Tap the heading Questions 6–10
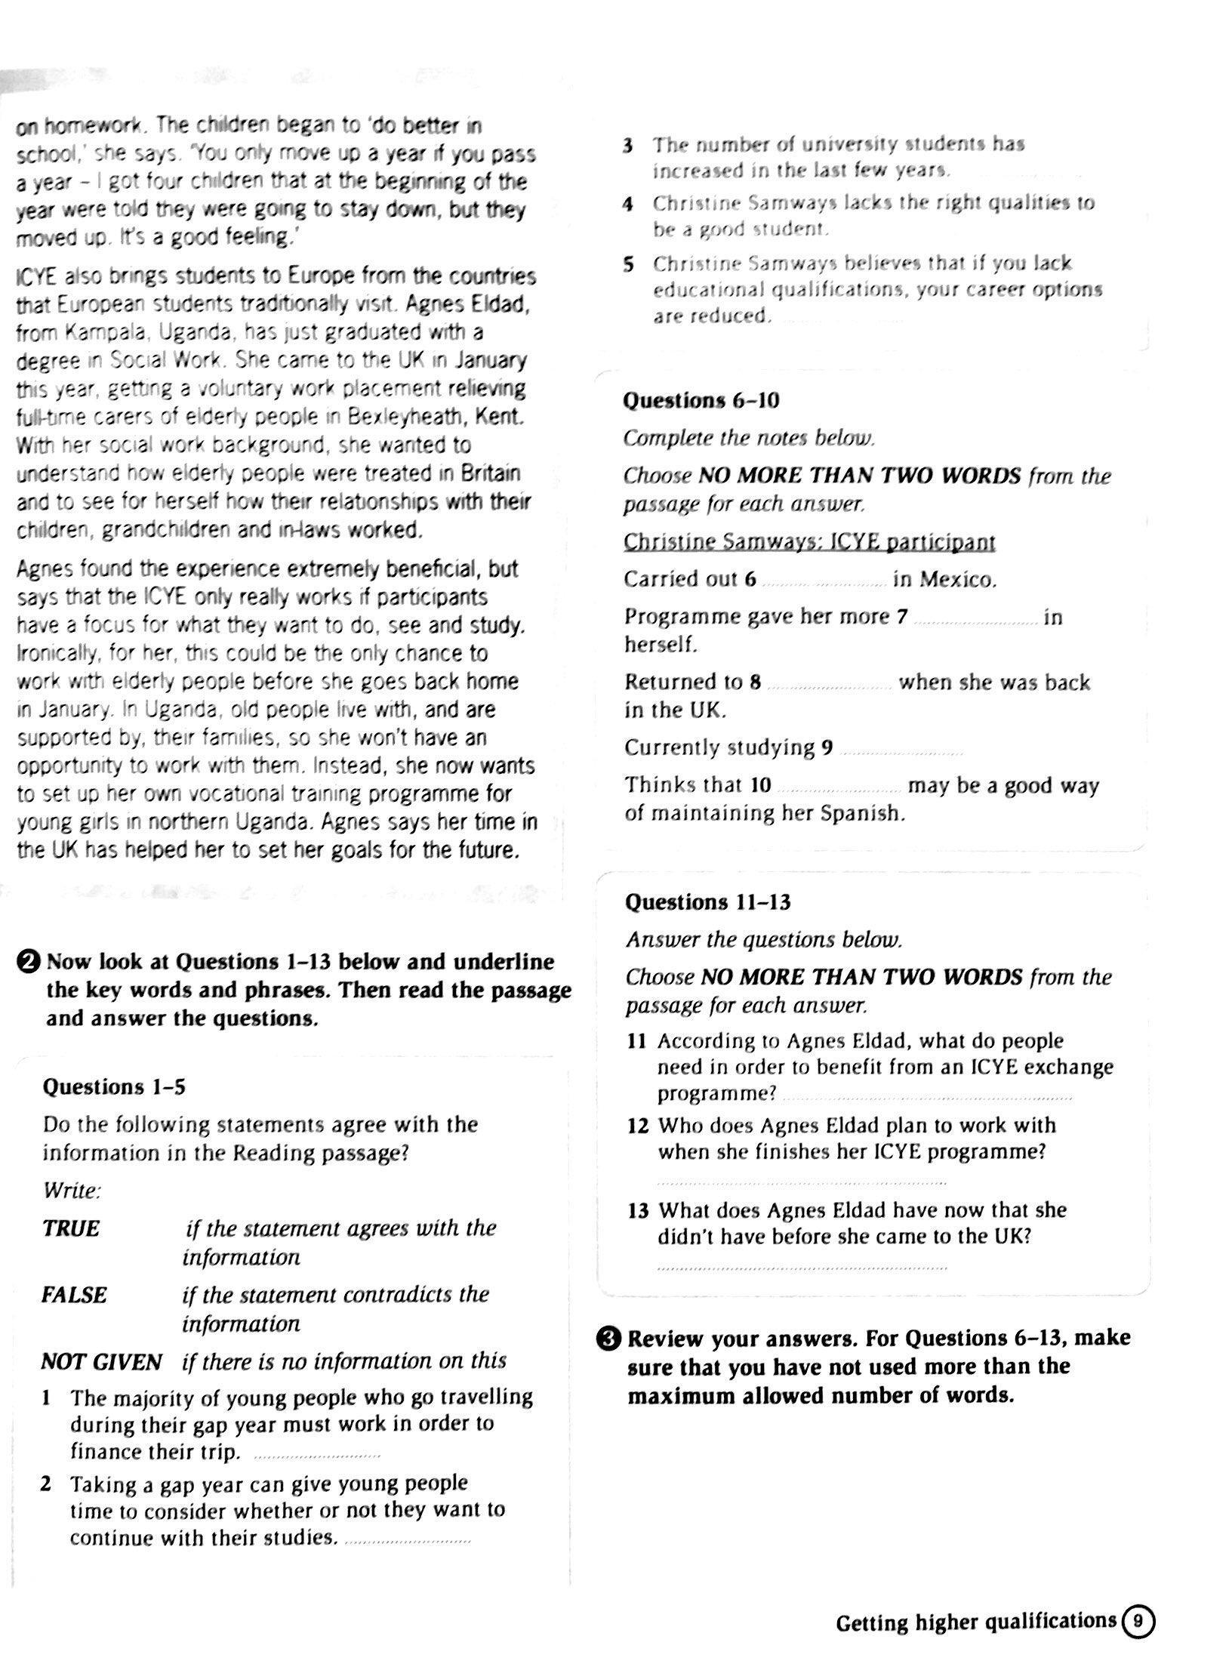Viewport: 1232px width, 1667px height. (701, 401)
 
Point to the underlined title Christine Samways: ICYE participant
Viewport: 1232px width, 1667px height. (809, 542)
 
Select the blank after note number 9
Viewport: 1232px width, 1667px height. (901, 751)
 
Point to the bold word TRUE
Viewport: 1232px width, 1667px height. (71, 1228)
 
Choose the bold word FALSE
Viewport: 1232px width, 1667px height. (74, 1295)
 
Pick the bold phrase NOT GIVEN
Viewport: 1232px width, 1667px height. (101, 1362)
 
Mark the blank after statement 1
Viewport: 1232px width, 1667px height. (317, 1455)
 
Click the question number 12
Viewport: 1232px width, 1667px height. (638, 1126)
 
